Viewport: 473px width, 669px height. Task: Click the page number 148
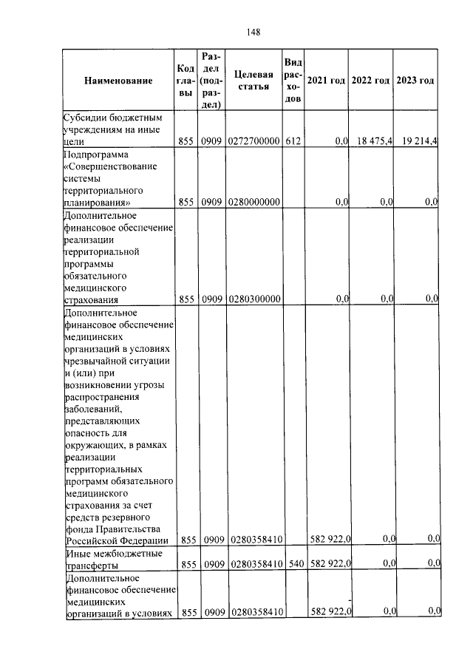coord(253,31)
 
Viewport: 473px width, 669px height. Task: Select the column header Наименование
coord(118,80)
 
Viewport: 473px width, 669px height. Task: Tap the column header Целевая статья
coord(253,80)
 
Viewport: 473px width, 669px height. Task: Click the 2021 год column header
coord(326,80)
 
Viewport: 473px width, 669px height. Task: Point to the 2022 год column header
coord(370,80)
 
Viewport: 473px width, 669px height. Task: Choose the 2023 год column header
coord(415,80)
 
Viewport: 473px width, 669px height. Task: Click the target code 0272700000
coord(253,140)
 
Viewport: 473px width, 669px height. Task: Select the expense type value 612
coord(293,140)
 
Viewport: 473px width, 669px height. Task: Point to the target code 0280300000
coord(253,299)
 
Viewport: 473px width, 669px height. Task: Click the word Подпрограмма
coord(96,154)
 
